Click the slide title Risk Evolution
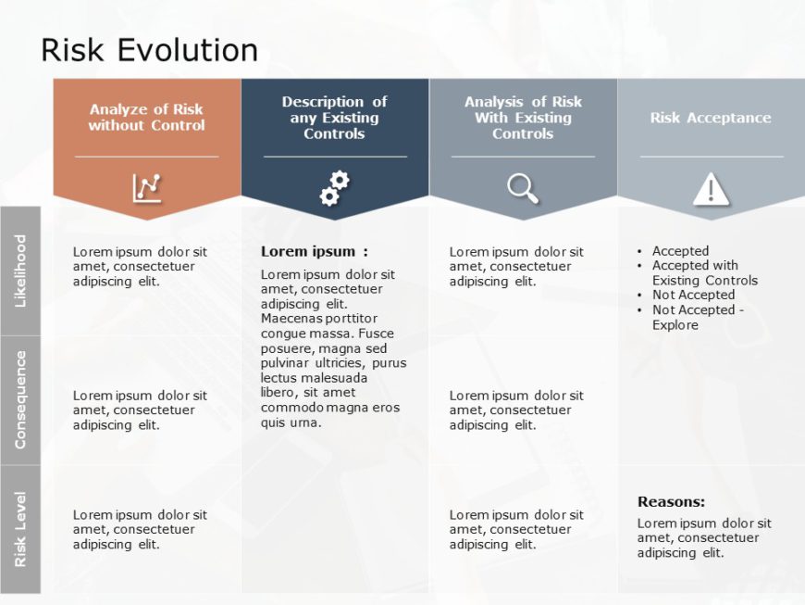[x=149, y=50]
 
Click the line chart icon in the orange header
[x=146, y=188]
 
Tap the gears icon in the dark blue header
[x=334, y=188]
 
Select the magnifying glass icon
[x=523, y=188]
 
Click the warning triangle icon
[x=711, y=189]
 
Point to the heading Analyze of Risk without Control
[x=146, y=118]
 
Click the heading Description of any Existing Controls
[x=334, y=118]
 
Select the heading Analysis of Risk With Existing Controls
[x=523, y=118]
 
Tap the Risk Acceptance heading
[x=711, y=118]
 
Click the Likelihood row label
[x=20, y=271]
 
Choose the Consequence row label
[x=20, y=399]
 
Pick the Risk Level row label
[x=20, y=529]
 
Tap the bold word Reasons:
[x=671, y=502]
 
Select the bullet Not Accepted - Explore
[x=697, y=317]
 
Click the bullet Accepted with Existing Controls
[x=703, y=272]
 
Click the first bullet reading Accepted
[x=680, y=251]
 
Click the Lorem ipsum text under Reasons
[x=703, y=537]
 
